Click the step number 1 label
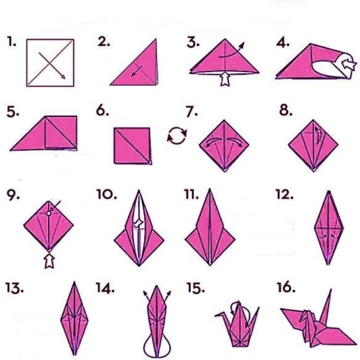[x=11, y=42]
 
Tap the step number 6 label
[x=103, y=110]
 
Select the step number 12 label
[x=284, y=194]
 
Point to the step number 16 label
[x=286, y=287]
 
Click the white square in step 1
[x=50, y=63]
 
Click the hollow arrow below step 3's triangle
[x=225, y=79]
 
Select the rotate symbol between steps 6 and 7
[x=177, y=136]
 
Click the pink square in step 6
[x=132, y=146]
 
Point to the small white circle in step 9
[x=49, y=213]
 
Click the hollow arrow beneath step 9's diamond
[x=49, y=260]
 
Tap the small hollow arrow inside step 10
[x=139, y=223]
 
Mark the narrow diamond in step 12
[x=329, y=228]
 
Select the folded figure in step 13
[x=74, y=319]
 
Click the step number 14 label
[x=105, y=288]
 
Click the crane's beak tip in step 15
[x=216, y=316]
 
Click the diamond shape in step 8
[x=313, y=146]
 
